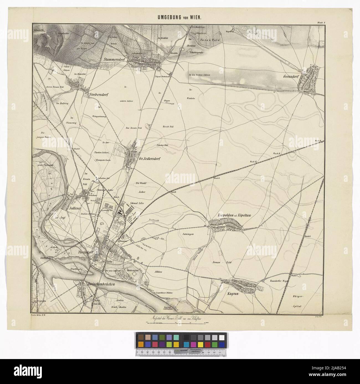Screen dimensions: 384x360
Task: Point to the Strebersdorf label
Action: (99, 95)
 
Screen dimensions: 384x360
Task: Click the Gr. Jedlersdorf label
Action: (150, 159)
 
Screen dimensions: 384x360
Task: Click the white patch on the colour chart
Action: (222, 337)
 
